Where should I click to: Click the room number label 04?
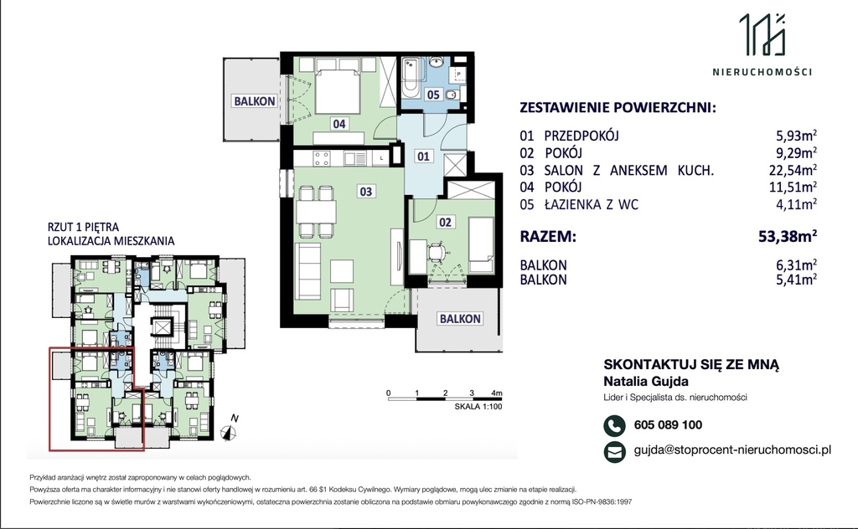(339, 124)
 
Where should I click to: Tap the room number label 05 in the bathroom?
(433, 95)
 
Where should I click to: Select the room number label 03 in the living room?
(365, 192)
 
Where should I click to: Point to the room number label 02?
(445, 222)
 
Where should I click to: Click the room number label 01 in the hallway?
(423, 157)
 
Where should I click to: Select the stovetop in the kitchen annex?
(321, 158)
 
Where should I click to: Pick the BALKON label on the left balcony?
(255, 101)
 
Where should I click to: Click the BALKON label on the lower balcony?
(460, 319)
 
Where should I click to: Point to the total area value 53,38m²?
(788, 236)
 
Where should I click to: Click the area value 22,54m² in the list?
(793, 171)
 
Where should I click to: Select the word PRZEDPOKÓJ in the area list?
(581, 136)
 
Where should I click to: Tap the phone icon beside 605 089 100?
(614, 426)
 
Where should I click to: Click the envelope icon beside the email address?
(614, 452)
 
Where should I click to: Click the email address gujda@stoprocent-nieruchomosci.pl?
(732, 449)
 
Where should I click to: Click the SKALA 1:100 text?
(478, 407)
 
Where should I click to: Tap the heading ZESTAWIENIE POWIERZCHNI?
(618, 107)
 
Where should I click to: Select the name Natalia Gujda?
(646, 382)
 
